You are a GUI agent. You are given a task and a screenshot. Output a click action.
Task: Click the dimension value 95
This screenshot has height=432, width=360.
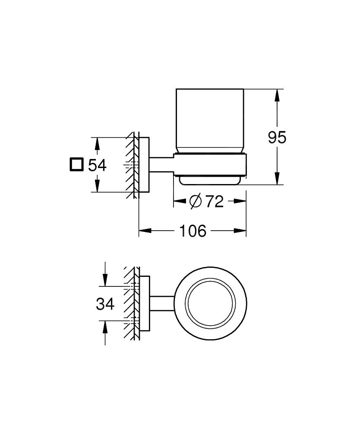point(277,138)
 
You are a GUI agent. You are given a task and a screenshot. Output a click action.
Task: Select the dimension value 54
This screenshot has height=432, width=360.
point(97,165)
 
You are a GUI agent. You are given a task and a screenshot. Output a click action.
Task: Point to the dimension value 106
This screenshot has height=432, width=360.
point(193,231)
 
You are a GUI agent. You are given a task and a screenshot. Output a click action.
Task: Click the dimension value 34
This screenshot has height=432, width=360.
point(105,304)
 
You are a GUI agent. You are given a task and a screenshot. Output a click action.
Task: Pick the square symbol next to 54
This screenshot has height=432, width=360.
point(76,165)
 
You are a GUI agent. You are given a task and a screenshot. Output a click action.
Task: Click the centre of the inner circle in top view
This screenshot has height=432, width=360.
point(210,303)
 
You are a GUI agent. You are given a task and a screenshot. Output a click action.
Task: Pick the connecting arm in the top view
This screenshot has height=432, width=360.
point(161,303)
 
